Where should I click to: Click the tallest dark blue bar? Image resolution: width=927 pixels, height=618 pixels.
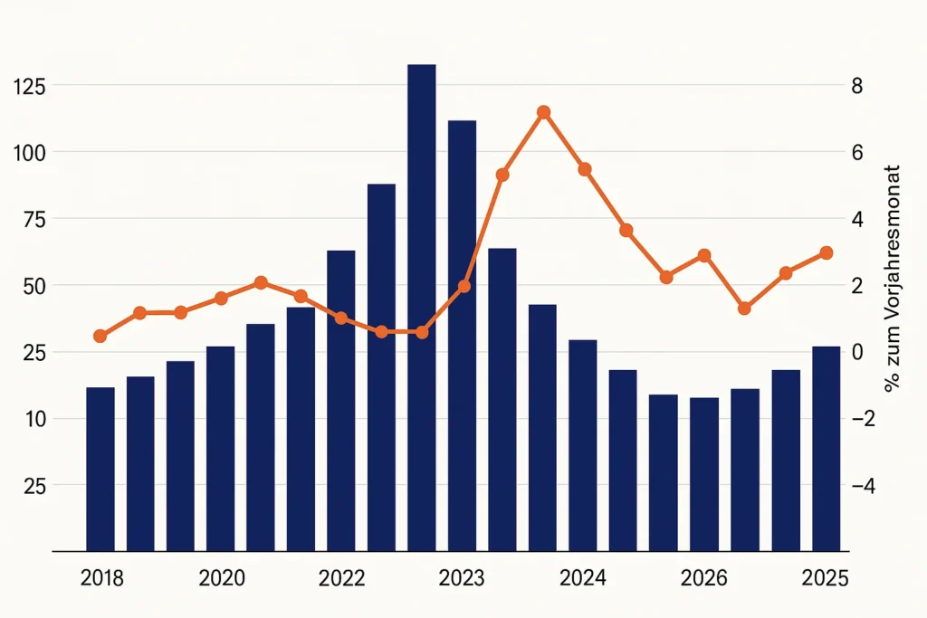421,308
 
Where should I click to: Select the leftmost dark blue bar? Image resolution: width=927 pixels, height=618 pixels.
100,469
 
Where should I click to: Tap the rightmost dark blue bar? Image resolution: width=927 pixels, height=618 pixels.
826,448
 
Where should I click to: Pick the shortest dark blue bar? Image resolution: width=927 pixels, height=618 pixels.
704,473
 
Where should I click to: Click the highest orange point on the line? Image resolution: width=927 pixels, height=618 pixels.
543,112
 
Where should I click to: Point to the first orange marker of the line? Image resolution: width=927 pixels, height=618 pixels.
100,337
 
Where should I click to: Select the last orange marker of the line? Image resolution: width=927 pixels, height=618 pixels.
826,253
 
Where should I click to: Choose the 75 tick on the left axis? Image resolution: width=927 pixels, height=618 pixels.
34,219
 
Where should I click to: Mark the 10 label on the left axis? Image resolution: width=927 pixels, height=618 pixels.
34,419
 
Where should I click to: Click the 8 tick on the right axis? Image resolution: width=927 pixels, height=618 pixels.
856,86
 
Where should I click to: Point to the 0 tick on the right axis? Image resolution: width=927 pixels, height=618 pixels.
856,352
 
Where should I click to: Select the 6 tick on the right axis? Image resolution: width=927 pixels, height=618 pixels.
856,152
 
